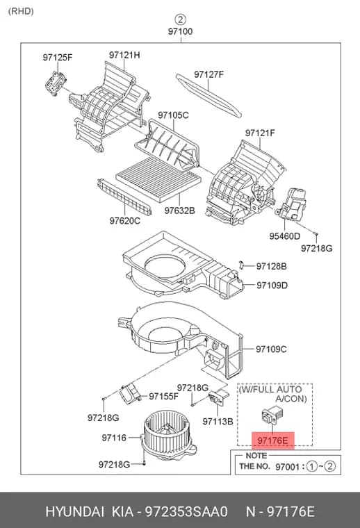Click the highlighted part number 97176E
pos(272,440)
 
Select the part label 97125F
pos(57,57)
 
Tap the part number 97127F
pos(208,74)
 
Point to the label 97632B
pos(179,211)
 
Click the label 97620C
pos(124,221)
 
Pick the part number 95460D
pos(284,236)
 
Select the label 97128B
pos(272,266)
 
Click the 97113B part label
pos(218,421)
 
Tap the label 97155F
pos(163,396)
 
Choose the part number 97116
pos(114,438)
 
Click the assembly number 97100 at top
pos(181,31)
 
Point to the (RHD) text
pos(21,11)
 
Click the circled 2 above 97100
pos(181,19)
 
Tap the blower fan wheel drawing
pos(166,435)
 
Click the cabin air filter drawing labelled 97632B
pos(158,180)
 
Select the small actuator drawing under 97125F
pos(56,84)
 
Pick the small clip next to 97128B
pos(240,265)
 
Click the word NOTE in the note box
pos(256,456)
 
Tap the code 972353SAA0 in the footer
pos(186,511)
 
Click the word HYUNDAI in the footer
pos(75,511)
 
